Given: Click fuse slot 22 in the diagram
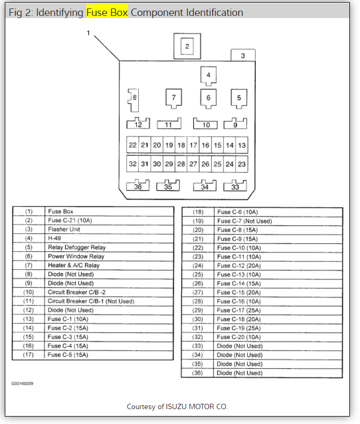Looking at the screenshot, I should coord(133,145).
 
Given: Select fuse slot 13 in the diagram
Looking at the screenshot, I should coord(242,145).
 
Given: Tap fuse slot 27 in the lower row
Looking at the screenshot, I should coord(194,164).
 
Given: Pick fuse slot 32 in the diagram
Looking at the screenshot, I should coord(133,164).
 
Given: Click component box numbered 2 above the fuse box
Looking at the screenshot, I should coord(187,46).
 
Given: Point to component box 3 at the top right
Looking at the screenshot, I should coord(243,55).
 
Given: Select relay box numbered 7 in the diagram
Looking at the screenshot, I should coord(173,97).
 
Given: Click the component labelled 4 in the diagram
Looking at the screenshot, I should coord(208,75).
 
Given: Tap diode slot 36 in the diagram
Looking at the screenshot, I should coord(138,186).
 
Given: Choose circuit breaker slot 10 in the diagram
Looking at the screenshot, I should coord(206,124).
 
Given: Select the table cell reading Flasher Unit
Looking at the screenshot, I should coord(64,230).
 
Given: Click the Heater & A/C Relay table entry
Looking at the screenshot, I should coord(73,265).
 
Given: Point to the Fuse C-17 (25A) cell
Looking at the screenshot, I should coord(239,310).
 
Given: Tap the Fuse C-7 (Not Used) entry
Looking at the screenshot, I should coord(244,221).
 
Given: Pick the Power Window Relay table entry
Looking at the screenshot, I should coord(76,256).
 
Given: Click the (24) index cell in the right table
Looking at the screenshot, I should coord(198,265).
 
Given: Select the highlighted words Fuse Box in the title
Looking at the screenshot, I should coord(107,12).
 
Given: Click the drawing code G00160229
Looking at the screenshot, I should coord(22,383).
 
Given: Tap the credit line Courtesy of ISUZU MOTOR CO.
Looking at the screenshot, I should coord(177,406).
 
